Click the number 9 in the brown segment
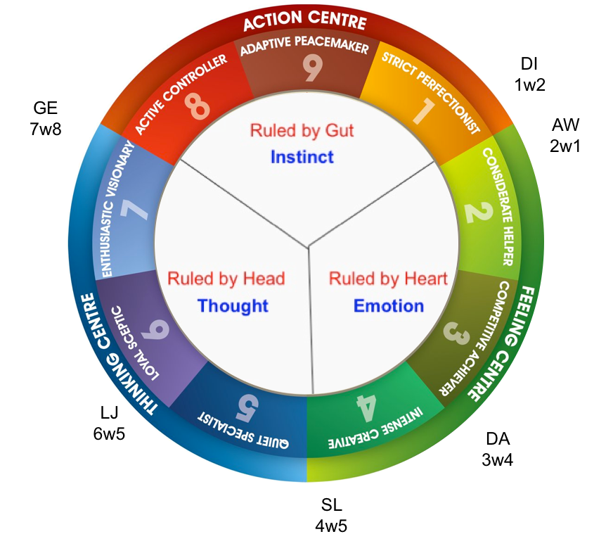point(311,69)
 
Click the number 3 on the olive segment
point(457,334)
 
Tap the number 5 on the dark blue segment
point(247,405)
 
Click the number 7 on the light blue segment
point(135,209)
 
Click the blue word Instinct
point(302,156)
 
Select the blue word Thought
point(233,306)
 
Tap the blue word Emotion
point(388,306)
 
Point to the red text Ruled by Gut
point(302,131)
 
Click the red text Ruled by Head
point(226,279)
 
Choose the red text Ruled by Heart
point(388,279)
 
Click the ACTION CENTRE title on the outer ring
point(304,21)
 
